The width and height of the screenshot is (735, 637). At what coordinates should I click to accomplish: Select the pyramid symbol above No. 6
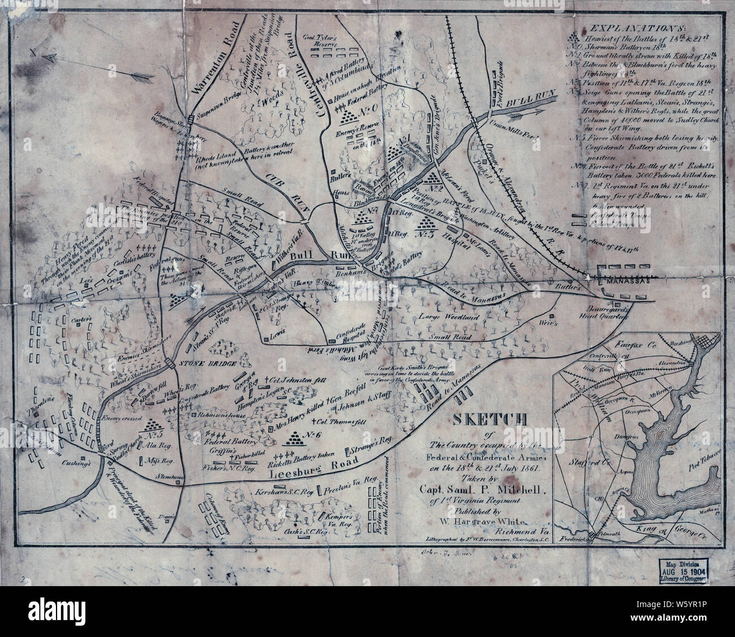(295, 436)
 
